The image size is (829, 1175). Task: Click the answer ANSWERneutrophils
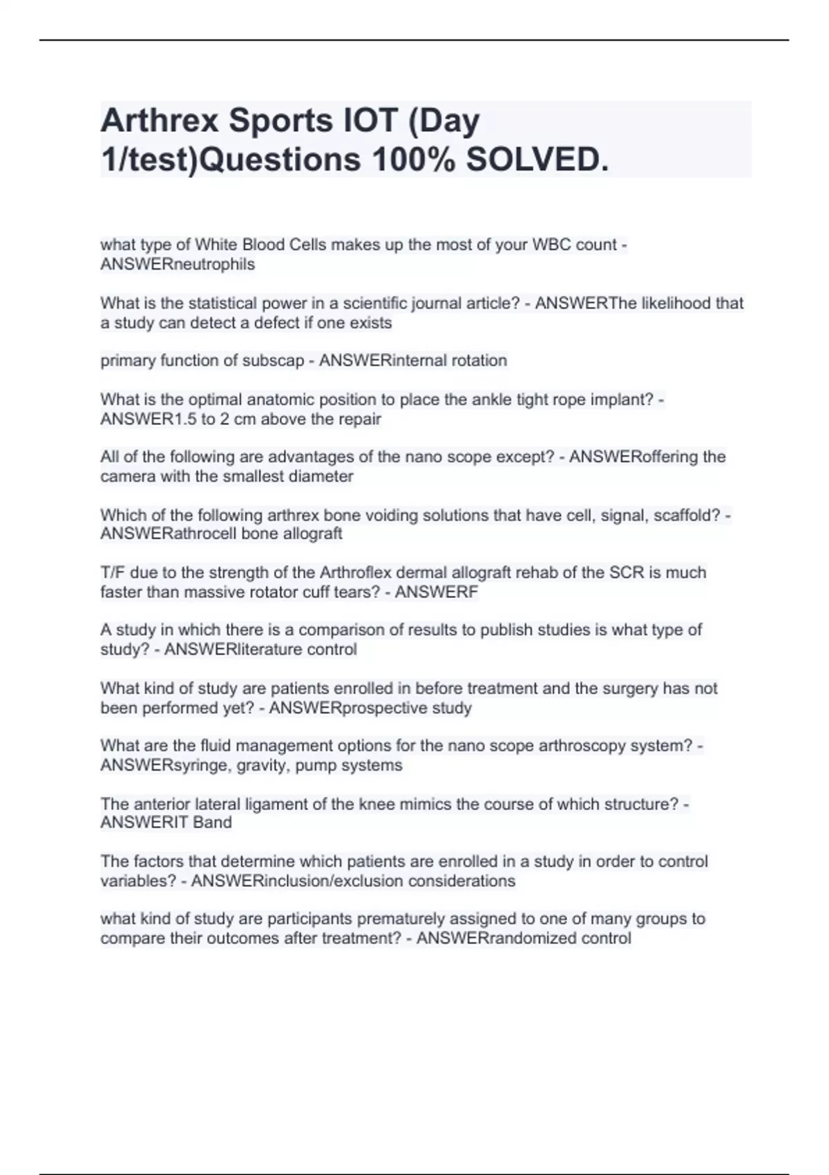tap(178, 264)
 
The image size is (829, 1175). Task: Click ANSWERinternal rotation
tap(412, 360)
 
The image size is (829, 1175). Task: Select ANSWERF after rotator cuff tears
tap(436, 592)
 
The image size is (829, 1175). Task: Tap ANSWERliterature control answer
tap(260, 649)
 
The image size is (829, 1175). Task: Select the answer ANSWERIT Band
tap(166, 822)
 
